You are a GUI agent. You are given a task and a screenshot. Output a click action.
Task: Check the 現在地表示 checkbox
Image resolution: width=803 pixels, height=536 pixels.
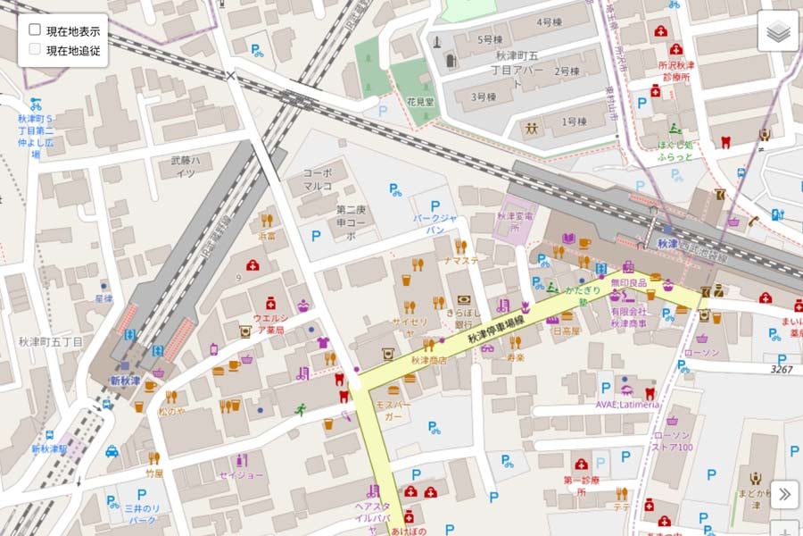(x=35, y=30)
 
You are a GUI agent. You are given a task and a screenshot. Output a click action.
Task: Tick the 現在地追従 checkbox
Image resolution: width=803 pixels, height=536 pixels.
(x=35, y=50)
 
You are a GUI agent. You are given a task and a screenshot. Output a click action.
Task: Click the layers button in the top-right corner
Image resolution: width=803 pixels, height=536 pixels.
(x=777, y=31)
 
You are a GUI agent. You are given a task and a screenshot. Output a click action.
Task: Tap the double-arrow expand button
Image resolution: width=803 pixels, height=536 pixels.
(x=783, y=493)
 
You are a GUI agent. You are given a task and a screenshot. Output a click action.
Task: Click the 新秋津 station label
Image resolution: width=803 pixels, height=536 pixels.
(x=125, y=381)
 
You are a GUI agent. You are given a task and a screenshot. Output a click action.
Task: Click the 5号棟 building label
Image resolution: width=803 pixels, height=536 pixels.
(x=490, y=39)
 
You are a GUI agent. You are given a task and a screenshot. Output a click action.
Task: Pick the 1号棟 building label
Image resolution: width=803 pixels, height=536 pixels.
(x=574, y=121)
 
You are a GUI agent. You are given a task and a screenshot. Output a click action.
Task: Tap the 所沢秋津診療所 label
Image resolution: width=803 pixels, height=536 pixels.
(x=675, y=71)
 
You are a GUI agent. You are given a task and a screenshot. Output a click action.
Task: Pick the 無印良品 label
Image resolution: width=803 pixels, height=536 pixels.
(x=628, y=283)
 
